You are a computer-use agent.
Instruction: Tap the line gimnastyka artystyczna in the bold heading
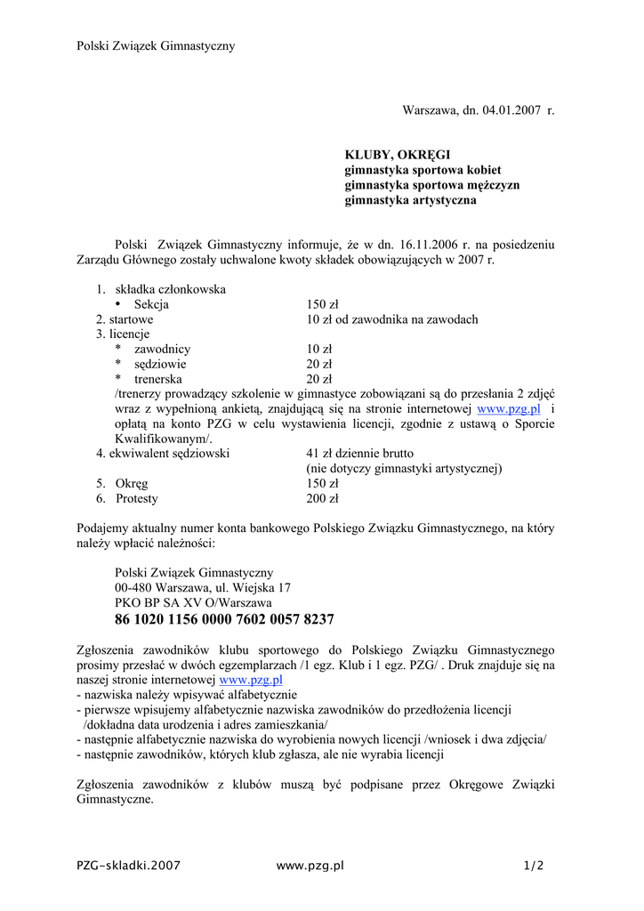tap(410, 200)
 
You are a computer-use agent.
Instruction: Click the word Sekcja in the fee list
tap(151, 304)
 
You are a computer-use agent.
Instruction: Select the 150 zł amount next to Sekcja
tap(322, 304)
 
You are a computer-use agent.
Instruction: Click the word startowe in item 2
tap(131, 319)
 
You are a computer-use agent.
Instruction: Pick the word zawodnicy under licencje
tap(162, 349)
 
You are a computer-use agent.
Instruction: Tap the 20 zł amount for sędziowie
tap(319, 364)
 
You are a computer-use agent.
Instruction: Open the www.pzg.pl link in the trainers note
tap(509, 409)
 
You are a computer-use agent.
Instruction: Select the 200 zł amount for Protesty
tap(322, 498)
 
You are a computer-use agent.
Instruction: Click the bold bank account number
tap(224, 619)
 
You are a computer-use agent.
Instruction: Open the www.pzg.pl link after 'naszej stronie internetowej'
tap(251, 680)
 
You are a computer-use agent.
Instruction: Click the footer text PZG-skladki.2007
tap(129, 865)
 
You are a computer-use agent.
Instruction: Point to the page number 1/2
tap(534, 865)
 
